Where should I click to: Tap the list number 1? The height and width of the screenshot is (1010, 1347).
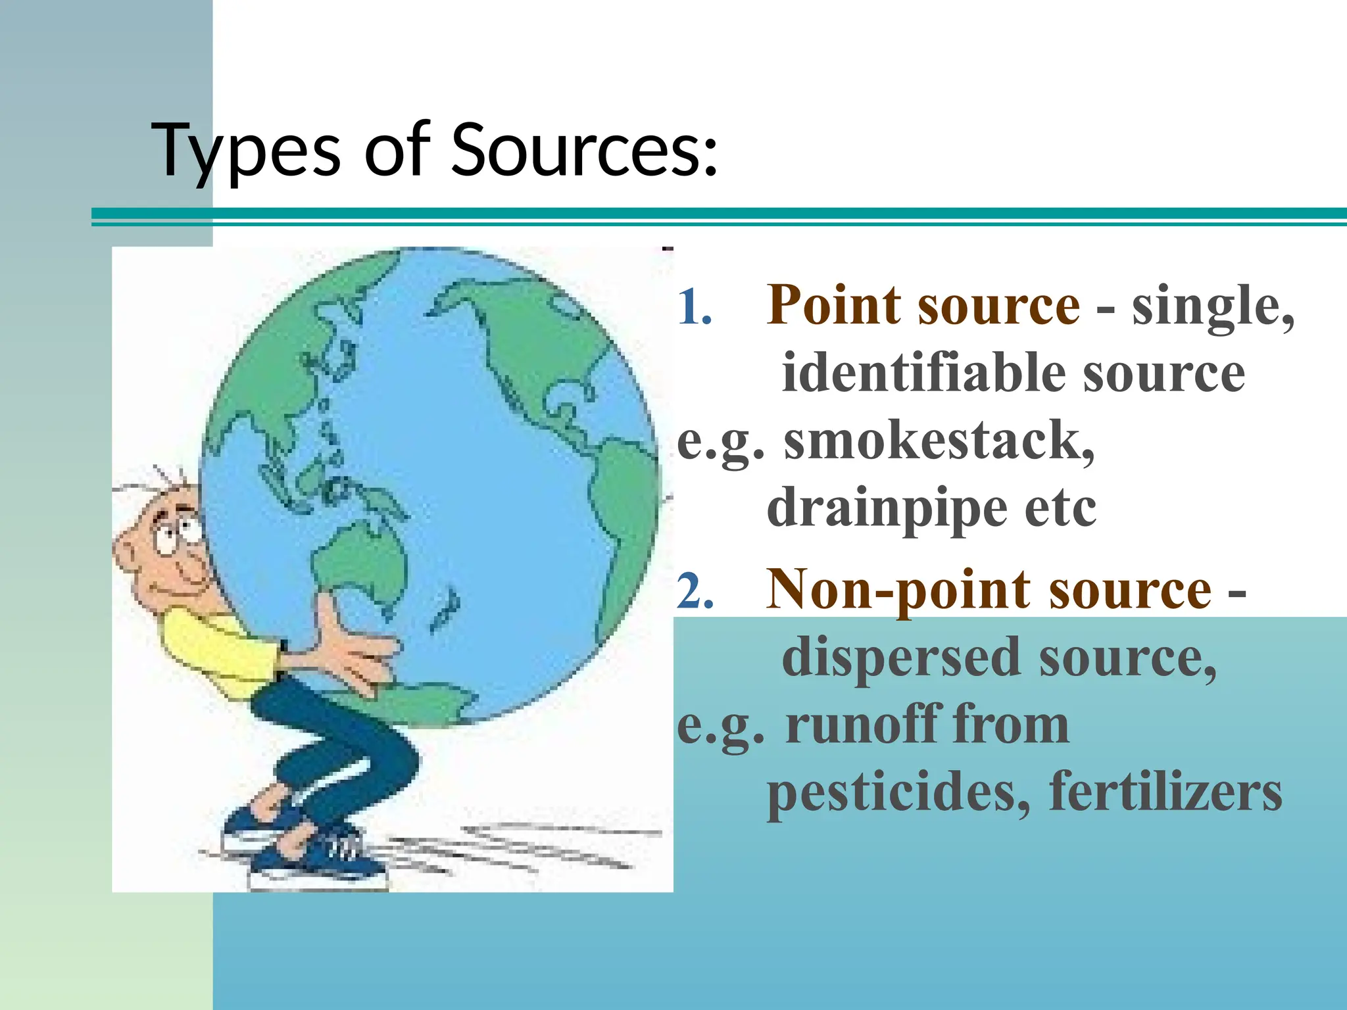pyautogui.click(x=694, y=307)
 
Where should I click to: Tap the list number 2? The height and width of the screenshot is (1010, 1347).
pyautogui.click(x=695, y=591)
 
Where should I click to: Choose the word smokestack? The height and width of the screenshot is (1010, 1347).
pyautogui.click(x=939, y=441)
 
